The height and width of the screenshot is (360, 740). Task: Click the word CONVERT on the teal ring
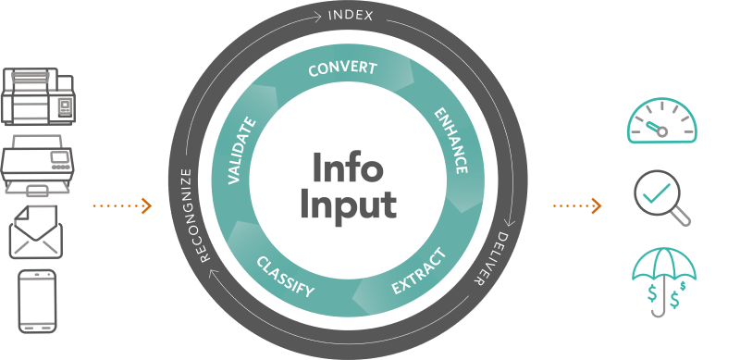(342, 68)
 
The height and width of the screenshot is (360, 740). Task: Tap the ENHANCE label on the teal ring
(451, 142)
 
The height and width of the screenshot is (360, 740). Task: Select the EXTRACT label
(419, 271)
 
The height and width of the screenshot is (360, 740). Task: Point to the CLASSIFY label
(285, 277)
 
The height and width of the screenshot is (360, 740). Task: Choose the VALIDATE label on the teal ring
(242, 151)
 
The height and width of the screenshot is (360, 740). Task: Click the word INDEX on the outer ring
(351, 16)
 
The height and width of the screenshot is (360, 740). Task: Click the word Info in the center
(348, 167)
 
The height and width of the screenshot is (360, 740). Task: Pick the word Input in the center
(349, 205)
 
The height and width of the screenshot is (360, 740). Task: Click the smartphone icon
(37, 301)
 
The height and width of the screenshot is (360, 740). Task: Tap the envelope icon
(36, 231)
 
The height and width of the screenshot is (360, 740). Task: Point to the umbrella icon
(664, 282)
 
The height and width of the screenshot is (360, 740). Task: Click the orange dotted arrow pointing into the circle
(122, 205)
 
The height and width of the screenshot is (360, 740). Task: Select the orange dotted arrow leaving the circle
(577, 205)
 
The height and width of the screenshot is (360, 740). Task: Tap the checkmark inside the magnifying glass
(657, 192)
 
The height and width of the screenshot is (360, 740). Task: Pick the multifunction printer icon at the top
(37, 96)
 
